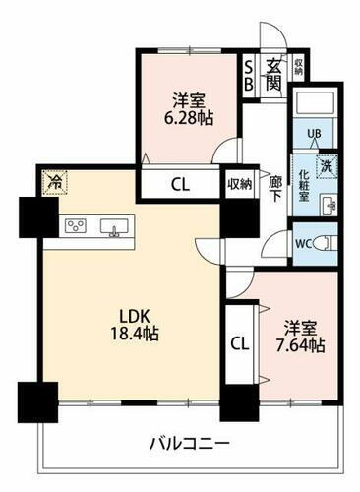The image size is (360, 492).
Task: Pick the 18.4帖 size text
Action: tap(135, 335)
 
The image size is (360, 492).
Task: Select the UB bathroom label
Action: tap(316, 135)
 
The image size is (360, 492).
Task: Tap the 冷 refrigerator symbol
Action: tap(55, 182)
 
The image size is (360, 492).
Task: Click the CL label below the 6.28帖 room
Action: tap(180, 184)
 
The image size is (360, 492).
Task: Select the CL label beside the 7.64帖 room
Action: tap(239, 343)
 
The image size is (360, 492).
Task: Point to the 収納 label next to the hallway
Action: tap(239, 183)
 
